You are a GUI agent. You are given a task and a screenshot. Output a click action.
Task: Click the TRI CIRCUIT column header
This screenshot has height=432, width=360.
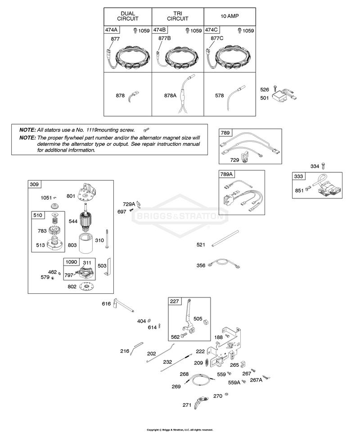pyautogui.click(x=178, y=16)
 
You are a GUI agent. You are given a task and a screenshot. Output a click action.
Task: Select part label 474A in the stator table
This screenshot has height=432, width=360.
pyautogui.click(x=112, y=30)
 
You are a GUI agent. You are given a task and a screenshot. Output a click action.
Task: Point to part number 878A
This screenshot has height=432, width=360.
pyautogui.click(x=170, y=95)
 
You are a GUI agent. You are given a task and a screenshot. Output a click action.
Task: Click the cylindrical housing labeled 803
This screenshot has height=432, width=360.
pyautogui.click(x=87, y=243)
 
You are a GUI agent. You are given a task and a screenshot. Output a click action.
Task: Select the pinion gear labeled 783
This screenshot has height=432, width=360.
pyautogui.click(x=54, y=230)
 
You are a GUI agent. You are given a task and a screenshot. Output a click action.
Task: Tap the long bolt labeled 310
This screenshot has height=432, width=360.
pyautogui.click(x=106, y=239)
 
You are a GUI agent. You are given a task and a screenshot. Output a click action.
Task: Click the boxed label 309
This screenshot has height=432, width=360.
pyautogui.click(x=34, y=184)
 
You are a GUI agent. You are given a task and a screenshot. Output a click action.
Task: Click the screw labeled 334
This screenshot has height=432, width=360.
pyautogui.click(x=324, y=166)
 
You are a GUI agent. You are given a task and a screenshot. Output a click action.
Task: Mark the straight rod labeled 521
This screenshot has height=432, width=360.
pyautogui.click(x=225, y=238)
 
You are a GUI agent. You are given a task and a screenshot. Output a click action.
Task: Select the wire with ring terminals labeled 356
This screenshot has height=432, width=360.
pyautogui.click(x=224, y=263)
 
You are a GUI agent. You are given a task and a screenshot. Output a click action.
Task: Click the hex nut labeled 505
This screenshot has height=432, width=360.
pyautogui.click(x=206, y=322)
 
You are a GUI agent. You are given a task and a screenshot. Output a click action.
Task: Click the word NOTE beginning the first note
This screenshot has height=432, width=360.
pyautogui.click(x=27, y=130)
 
